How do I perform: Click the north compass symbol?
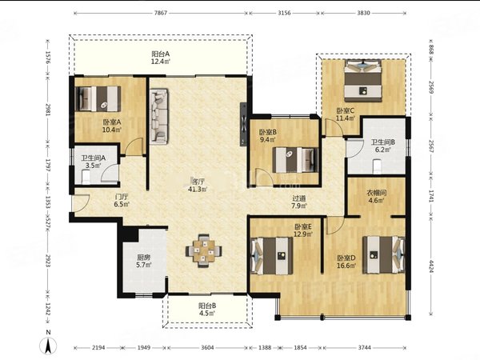pos(48,346)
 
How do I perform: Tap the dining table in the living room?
pos(203,251)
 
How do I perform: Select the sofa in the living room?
pos(159,116)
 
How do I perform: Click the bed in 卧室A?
pos(98,98)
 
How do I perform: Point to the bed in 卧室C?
pos(363,81)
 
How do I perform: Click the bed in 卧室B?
pos(295,160)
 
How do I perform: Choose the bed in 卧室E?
pos(271,256)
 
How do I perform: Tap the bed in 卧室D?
pos(384,254)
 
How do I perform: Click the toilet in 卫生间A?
pos(86,178)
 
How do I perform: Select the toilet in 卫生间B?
pos(377,167)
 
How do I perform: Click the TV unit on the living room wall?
pos(243,124)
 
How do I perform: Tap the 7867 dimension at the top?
pos(161,13)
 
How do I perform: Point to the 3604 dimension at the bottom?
pos(207,347)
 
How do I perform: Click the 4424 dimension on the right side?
pos(431,268)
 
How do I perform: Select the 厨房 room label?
pos(143,258)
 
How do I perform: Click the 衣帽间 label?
pos(376,193)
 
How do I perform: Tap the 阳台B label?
pos(207,306)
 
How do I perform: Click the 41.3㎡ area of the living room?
pos(198,189)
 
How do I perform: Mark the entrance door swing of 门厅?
pos(81,202)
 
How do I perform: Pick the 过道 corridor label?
pos(298,198)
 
